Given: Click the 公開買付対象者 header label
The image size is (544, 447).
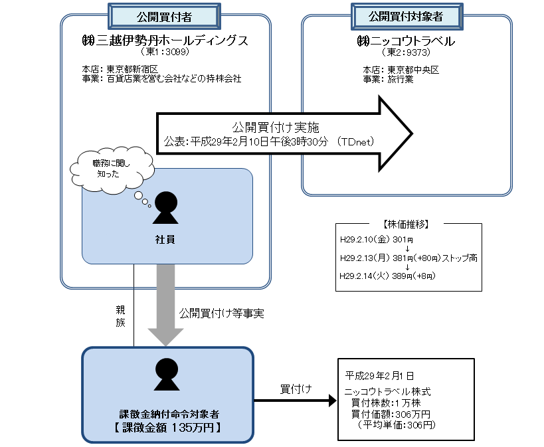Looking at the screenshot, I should click(406, 15).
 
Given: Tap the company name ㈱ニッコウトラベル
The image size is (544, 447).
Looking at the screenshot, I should click(406, 41).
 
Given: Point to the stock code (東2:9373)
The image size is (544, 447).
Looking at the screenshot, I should click(406, 51).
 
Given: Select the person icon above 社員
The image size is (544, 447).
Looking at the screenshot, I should click(166, 208).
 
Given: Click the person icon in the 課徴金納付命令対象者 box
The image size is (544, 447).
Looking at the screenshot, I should click(166, 375).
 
